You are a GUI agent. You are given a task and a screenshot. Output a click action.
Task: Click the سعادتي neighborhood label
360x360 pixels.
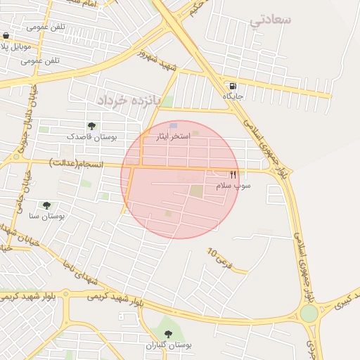tap(270, 20)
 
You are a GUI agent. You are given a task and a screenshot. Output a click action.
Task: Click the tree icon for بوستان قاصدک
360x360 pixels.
tap(92, 126)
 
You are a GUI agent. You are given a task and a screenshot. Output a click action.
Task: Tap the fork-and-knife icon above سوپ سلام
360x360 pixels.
tap(233, 174)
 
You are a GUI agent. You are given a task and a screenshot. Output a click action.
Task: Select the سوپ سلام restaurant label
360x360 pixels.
tap(233, 185)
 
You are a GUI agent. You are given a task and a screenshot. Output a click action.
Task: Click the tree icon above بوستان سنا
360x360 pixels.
tap(46, 205)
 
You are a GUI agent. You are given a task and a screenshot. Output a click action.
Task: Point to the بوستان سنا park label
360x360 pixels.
tap(46, 217)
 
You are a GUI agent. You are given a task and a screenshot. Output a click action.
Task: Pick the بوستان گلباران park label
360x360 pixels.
tap(169, 345)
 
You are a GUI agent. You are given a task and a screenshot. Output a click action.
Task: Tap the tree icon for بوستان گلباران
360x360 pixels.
tap(168, 334)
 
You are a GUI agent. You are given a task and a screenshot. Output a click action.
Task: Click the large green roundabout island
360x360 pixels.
tap(309, 313)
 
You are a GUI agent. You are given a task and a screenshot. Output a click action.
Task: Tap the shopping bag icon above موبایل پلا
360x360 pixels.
tap(6, 36)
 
